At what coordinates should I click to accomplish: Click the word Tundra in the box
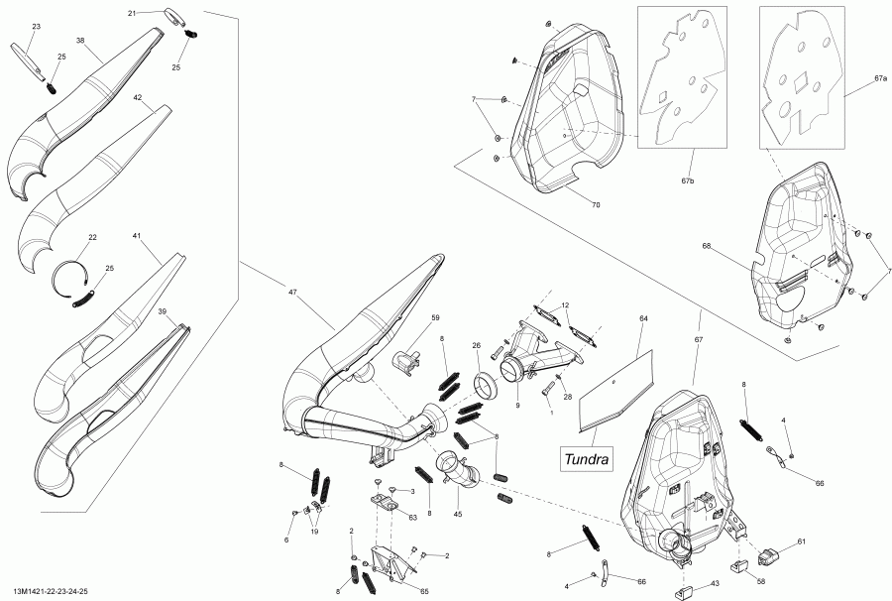(588, 459)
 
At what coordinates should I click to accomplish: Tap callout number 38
(81, 42)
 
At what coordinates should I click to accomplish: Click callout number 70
(596, 205)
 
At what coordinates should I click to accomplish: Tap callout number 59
(434, 318)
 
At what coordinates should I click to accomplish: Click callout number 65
(424, 590)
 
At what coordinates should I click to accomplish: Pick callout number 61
(801, 541)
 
